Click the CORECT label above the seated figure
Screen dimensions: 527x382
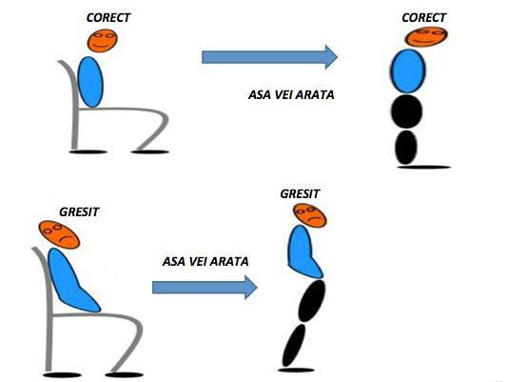tap(108, 17)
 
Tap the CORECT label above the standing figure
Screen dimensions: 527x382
tap(424, 17)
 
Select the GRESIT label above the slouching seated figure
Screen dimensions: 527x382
tap(79, 212)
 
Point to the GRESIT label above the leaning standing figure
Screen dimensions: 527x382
tap(300, 194)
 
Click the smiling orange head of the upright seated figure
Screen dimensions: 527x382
tap(103, 40)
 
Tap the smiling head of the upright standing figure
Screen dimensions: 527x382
tap(426, 37)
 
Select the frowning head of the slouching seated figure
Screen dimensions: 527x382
tap(59, 234)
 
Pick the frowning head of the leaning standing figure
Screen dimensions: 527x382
tap(310, 215)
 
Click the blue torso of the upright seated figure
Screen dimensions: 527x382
tap(90, 82)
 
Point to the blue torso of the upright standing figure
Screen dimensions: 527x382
tap(408, 71)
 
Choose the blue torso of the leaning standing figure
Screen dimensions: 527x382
tap(303, 252)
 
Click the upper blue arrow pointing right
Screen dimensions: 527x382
tap(269, 57)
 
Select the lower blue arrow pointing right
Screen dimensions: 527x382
tap(205, 288)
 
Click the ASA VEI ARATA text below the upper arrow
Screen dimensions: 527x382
tap(291, 95)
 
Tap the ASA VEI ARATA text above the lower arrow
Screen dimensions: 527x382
tap(205, 262)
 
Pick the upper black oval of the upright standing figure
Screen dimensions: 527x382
tap(407, 111)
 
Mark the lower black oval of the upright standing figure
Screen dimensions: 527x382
tap(406, 148)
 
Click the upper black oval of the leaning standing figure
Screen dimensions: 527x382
tap(312, 301)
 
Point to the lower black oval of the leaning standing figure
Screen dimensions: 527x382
tap(294, 345)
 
